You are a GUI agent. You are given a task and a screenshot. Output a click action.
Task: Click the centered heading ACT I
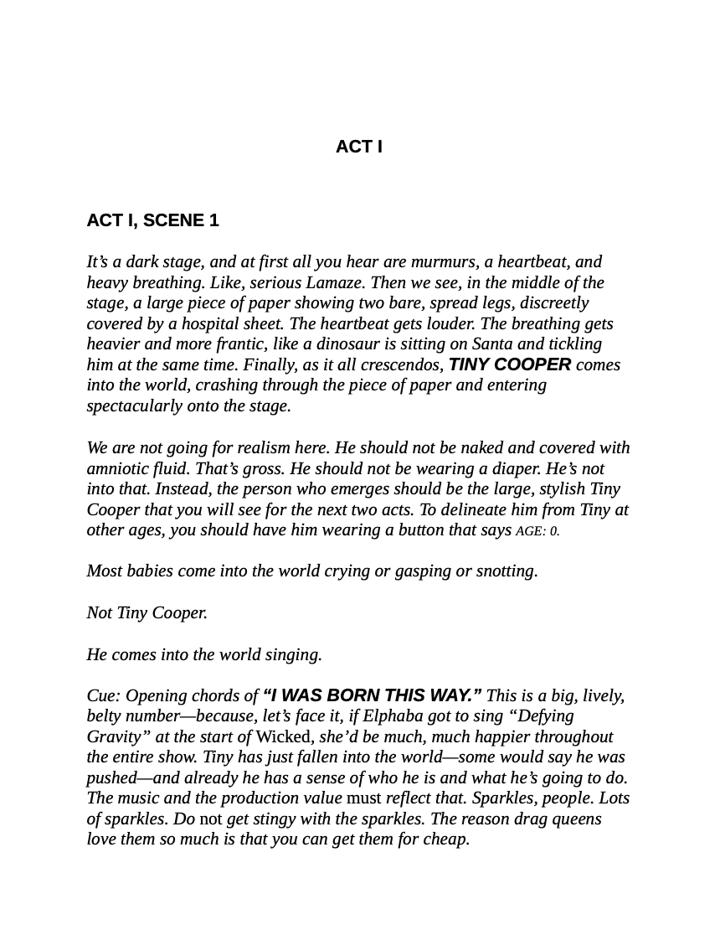tap(358, 147)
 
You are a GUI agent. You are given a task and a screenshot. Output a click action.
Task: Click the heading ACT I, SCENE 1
tap(152, 220)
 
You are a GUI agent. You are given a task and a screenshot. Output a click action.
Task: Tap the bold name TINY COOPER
tap(510, 364)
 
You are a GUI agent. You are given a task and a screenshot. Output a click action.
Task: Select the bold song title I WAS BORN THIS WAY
tap(372, 695)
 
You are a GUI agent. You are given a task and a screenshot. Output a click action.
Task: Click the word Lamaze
tap(335, 282)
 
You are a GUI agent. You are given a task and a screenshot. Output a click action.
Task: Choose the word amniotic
tap(117, 468)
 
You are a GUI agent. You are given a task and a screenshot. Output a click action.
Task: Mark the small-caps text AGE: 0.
tap(537, 530)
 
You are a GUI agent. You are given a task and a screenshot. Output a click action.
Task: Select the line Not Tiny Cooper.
tap(147, 612)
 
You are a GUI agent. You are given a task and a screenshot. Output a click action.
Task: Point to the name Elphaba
tap(394, 715)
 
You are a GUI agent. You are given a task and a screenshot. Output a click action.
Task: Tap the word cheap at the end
tap(445, 839)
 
